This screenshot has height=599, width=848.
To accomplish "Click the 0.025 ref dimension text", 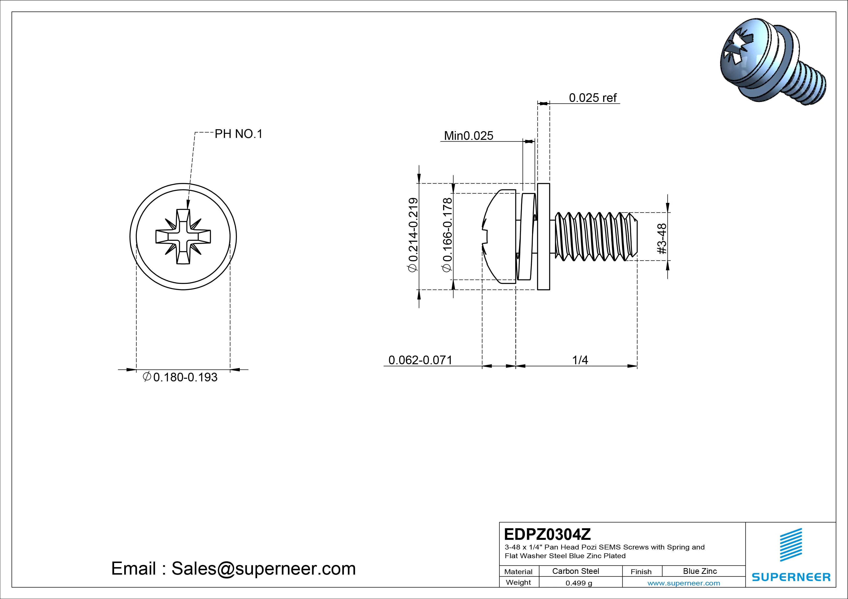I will (x=592, y=98).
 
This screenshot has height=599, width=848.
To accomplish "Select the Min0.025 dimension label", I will (x=468, y=136).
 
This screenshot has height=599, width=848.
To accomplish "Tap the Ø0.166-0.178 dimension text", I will (x=447, y=235).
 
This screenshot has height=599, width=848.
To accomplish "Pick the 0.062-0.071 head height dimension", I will (x=420, y=360).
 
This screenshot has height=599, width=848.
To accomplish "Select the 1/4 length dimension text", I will (x=580, y=360).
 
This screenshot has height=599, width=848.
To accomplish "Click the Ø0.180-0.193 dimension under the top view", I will (x=180, y=377).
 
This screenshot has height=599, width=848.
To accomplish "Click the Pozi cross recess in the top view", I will (x=183, y=236).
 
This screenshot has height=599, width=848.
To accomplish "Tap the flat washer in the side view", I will (x=543, y=236).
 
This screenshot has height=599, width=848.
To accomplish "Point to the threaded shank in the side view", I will (x=595, y=236).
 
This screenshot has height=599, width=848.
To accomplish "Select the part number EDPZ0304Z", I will (x=547, y=534).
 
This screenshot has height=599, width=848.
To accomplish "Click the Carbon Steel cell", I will (x=575, y=571).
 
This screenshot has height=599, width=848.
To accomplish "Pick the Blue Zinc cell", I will (x=700, y=571).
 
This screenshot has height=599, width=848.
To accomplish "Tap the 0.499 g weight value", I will (x=579, y=583).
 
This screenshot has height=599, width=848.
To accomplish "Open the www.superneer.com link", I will (x=684, y=583).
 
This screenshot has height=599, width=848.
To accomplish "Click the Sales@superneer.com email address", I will (x=263, y=568).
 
